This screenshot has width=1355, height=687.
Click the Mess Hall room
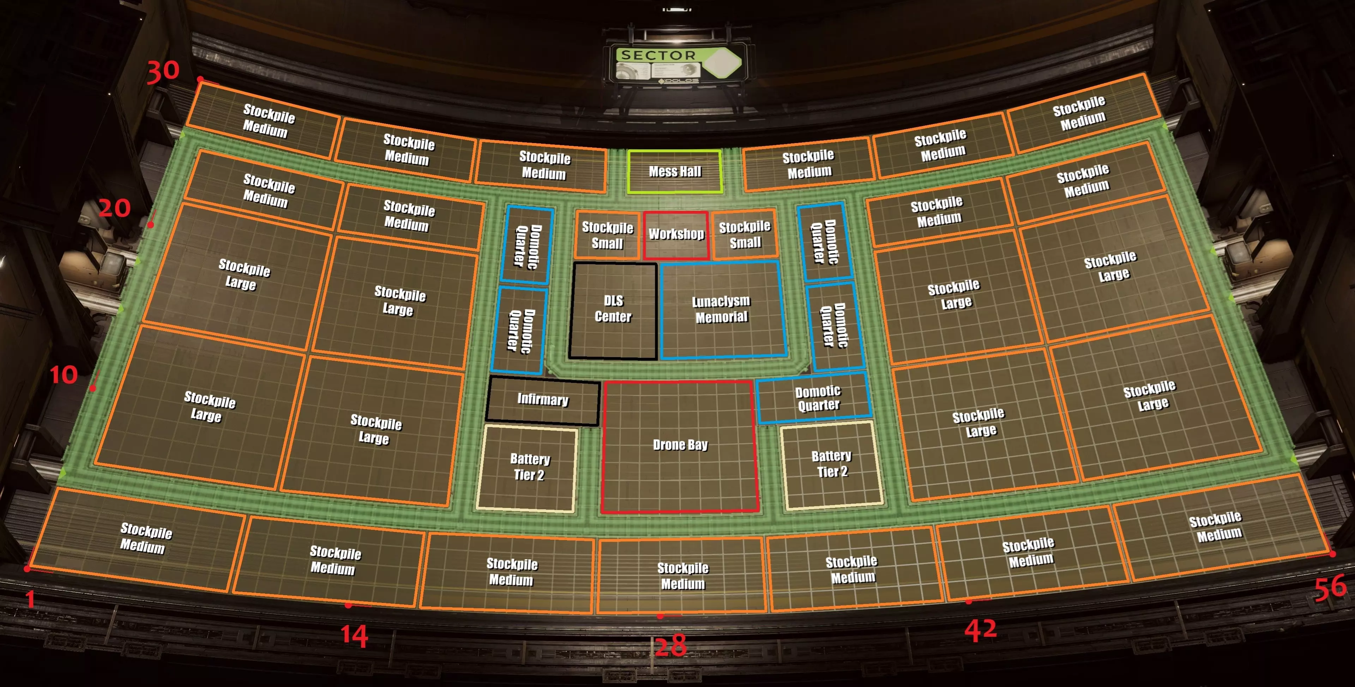[x=675, y=172]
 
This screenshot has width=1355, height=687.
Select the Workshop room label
[x=676, y=234]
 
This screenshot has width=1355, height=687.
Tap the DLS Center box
[x=613, y=310]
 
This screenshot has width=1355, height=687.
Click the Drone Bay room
[x=680, y=446]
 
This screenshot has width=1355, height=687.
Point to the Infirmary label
[x=543, y=399]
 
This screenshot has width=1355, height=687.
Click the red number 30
[x=163, y=71]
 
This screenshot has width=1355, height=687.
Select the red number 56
[x=1330, y=588]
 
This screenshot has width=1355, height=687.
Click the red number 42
[x=981, y=630]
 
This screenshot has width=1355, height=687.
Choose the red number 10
[x=64, y=375]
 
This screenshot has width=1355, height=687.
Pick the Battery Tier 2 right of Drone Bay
[x=831, y=465]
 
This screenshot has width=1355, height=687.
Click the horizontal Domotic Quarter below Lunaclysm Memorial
[x=815, y=397]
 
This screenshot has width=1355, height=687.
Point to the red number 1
[x=30, y=599]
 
